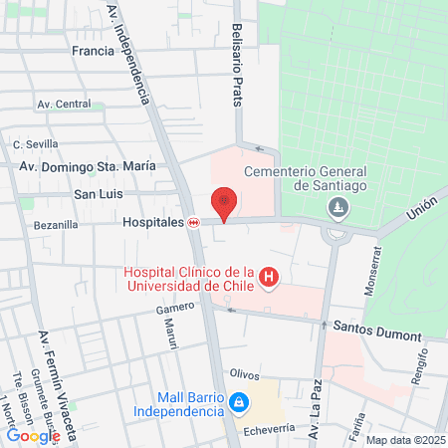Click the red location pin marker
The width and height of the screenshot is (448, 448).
tap(225, 203)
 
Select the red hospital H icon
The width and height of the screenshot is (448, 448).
tap(268, 278)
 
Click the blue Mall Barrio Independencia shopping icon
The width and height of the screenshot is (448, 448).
tap(238, 402)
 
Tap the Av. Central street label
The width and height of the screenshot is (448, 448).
tap(64, 104)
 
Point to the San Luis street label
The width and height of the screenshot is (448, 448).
tap(99, 193)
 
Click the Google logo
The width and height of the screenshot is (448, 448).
tap(34, 435)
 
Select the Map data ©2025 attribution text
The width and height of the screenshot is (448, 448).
tap(405, 440)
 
